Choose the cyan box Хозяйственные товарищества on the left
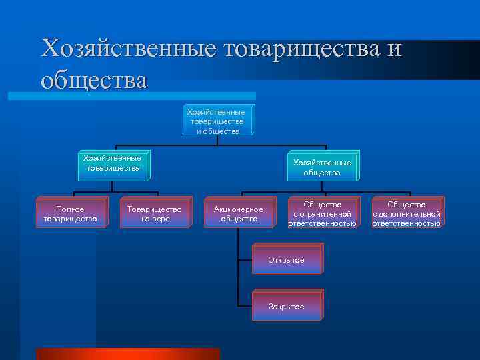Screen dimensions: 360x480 coord(113,164)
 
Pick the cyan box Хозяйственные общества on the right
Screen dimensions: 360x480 coord(322,167)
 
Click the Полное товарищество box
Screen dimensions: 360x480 coord(70,214)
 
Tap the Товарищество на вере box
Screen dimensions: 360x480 coord(154,214)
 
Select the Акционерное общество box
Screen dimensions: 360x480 coord(239,214)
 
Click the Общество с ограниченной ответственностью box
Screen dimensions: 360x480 coord(322,214)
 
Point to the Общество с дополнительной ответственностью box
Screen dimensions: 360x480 coord(406,214)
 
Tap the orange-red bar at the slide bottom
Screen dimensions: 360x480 coord(127,353)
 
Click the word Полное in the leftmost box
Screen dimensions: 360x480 coord(70,209)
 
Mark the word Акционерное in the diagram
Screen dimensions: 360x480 coord(239,209)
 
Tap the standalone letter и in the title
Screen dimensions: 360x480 coord(393,49)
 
